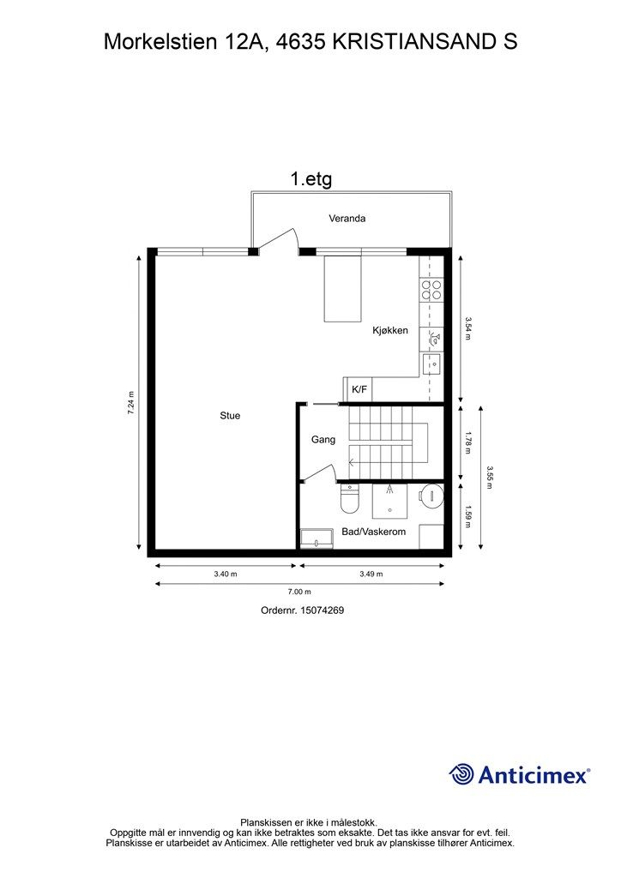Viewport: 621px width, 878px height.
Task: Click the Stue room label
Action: point(230,416)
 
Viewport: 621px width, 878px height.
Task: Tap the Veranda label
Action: point(347,219)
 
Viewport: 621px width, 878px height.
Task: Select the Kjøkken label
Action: point(390,330)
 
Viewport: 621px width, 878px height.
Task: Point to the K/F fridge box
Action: point(358,389)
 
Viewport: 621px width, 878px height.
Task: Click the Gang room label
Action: point(323,440)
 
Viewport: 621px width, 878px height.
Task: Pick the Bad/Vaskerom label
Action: point(373,532)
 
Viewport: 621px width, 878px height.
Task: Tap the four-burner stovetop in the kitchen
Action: point(431,290)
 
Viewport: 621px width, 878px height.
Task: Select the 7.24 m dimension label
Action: point(131,402)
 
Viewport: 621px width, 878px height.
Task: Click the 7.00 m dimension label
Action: point(299,592)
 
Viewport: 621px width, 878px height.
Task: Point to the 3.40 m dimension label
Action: point(225,574)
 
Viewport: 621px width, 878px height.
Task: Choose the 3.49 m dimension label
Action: point(371,574)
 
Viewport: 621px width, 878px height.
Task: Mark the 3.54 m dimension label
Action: point(468,328)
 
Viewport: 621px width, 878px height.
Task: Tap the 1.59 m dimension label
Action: point(468,517)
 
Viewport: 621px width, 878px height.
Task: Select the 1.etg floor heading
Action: point(311,179)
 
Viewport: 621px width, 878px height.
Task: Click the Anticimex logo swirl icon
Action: point(461,774)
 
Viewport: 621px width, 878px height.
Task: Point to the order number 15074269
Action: point(322,610)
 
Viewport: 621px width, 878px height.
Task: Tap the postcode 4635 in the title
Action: point(301,42)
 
